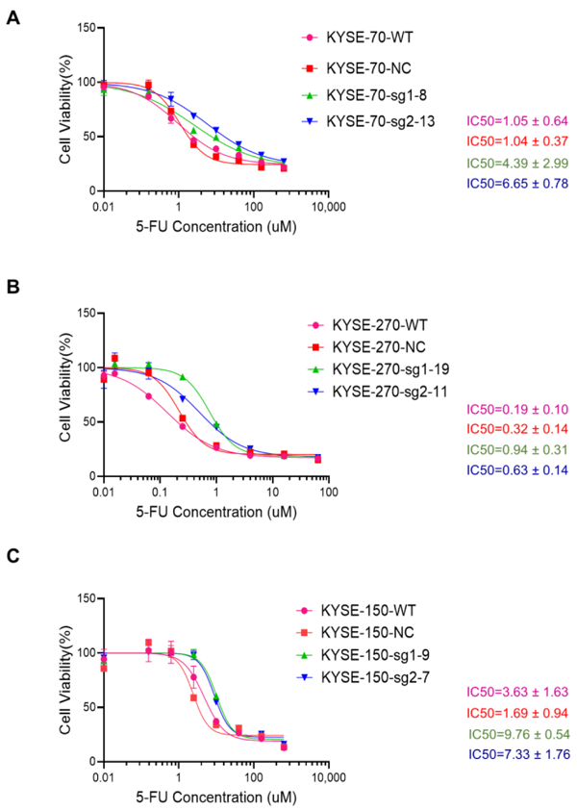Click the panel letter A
tap(13, 17)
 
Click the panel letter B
tap(13, 287)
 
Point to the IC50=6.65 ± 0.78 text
tap(516, 184)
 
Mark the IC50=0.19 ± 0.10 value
tap(516, 406)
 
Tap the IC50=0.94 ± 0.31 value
tap(516, 448)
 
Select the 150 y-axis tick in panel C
tap(85, 598)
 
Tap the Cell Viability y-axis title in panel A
tap(63, 110)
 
